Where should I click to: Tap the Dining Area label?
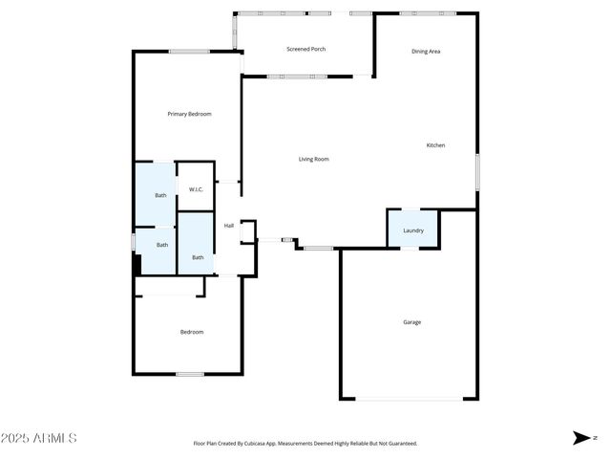[x=426, y=52]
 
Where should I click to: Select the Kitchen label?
[x=435, y=145]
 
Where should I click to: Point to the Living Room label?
[x=313, y=159]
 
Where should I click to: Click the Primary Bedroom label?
[x=189, y=114]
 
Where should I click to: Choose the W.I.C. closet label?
[x=195, y=189]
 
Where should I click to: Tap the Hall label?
[x=229, y=226]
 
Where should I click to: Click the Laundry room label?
[x=412, y=230]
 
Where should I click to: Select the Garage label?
[x=411, y=322]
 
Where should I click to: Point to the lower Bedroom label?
[x=192, y=332]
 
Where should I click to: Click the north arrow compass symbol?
[x=581, y=438]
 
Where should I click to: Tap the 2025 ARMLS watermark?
[x=39, y=438]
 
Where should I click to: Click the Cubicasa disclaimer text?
[x=305, y=444]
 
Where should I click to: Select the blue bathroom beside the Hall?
[x=197, y=243]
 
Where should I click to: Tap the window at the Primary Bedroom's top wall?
[x=189, y=52]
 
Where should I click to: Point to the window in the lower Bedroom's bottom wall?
[x=189, y=374]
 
